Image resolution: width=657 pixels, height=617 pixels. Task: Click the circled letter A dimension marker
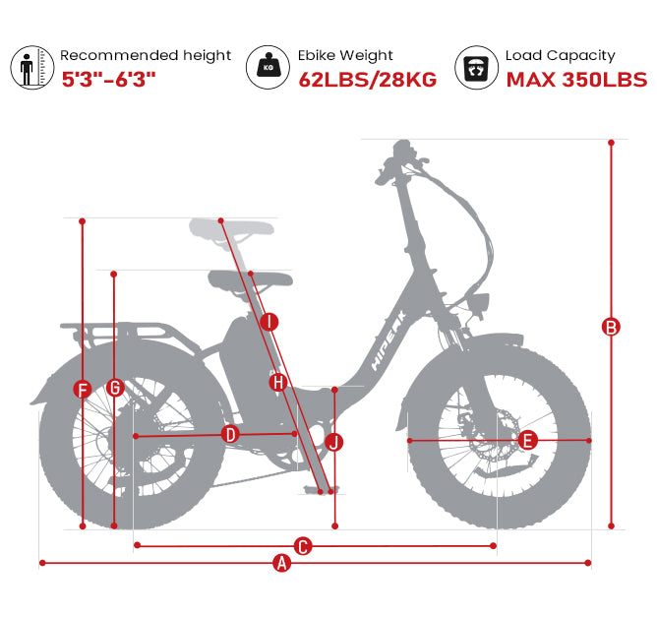point(282,563)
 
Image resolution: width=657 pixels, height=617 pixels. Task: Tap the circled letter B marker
point(611,327)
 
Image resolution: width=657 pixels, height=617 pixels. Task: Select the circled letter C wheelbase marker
point(303,546)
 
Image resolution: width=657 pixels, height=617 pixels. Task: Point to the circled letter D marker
point(230,435)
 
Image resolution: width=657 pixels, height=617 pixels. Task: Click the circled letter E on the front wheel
point(527,441)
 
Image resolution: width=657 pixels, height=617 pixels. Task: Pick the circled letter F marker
point(83,390)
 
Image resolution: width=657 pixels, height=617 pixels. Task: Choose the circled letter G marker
point(115,388)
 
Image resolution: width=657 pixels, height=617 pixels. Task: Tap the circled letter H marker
point(278,382)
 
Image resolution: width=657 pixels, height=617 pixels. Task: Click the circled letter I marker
point(269,322)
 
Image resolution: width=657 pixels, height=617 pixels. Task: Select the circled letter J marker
point(334,442)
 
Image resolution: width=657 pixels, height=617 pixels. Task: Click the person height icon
point(32,68)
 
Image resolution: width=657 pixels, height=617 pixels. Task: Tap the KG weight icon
point(268,67)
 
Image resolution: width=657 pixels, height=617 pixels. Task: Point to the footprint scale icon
point(476,68)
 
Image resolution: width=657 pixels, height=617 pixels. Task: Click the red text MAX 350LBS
point(576,80)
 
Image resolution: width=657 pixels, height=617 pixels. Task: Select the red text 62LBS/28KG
point(368,80)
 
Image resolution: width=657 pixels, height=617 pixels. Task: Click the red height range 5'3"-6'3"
point(108,80)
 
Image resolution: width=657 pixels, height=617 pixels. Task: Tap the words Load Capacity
point(561,56)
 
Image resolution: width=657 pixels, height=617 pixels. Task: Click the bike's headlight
point(480,306)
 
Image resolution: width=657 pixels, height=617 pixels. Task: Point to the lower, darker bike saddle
point(250,280)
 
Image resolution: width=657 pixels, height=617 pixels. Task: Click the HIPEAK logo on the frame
point(388,340)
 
